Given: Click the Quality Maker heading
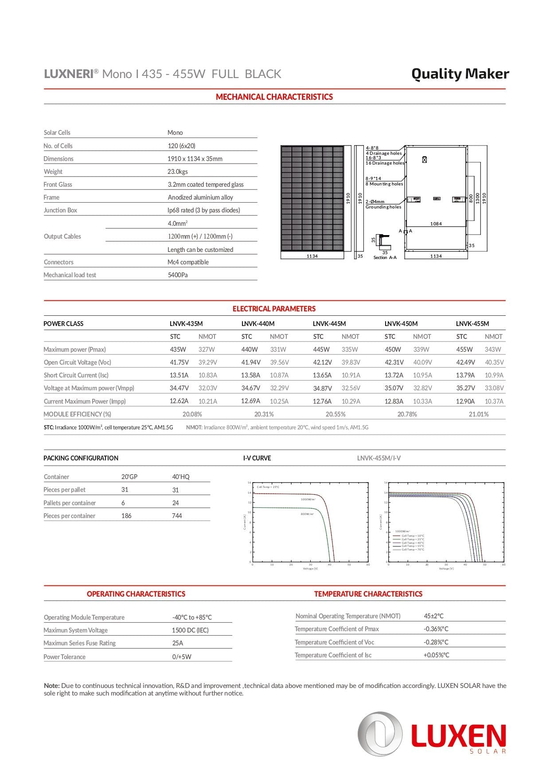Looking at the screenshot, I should tap(460, 74).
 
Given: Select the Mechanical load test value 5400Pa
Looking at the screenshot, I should tap(178, 275).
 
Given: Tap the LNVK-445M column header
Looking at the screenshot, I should tap(329, 324).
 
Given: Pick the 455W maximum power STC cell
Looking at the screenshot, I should tap(464, 350).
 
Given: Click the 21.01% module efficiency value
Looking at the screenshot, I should tap(479, 414).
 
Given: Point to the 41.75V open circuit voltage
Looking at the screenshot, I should tap(179, 362).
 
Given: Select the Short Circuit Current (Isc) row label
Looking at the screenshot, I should tap(76, 375).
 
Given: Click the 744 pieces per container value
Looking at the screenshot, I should tap(177, 516).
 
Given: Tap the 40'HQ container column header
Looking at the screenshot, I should tap(180, 477).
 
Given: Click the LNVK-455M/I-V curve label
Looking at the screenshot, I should tap(378, 458).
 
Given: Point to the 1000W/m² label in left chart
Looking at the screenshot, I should tap(308, 499).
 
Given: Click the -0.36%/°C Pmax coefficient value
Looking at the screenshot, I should tap(436, 629).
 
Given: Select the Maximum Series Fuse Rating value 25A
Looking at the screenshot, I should tap(177, 643).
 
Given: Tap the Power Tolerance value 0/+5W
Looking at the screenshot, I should tap(182, 657).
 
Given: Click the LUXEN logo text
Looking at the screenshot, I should tap(458, 737).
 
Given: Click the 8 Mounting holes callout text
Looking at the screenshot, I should tap(384, 184).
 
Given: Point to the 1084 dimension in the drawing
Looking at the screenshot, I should tap(436, 224).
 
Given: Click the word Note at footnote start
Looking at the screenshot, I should tap(51, 686).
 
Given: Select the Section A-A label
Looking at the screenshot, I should tap(385, 258).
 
